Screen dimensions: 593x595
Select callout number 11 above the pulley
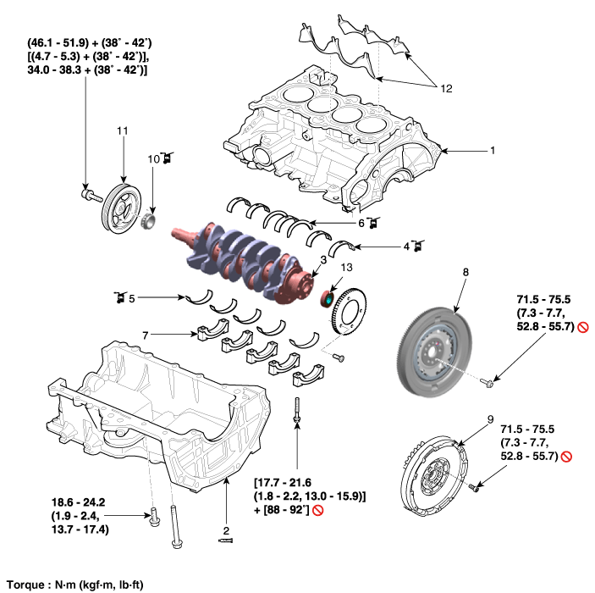122,131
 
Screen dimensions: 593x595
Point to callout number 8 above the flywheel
465,272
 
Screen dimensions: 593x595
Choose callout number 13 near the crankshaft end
344,268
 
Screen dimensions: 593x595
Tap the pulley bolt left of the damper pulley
86,195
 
